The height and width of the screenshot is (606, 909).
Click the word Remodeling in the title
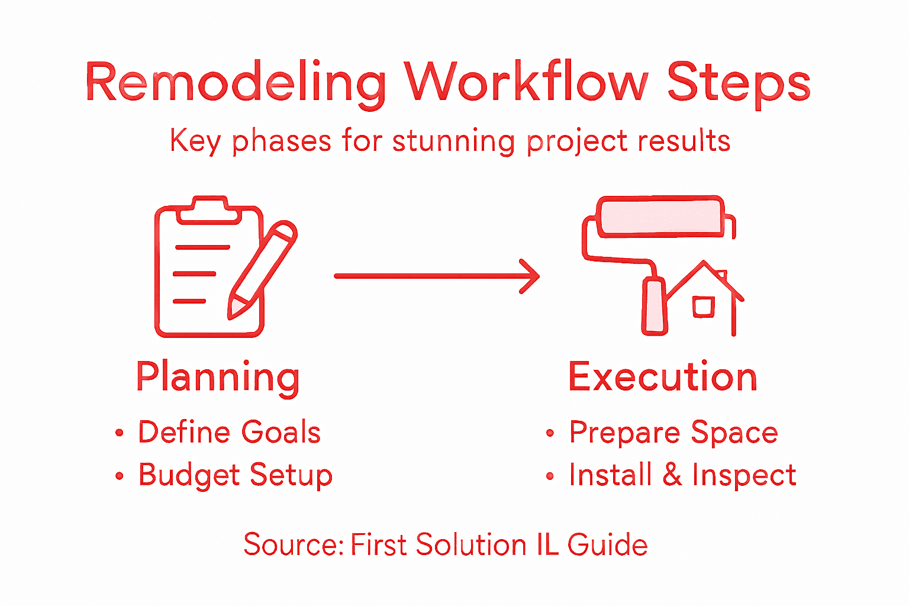236,83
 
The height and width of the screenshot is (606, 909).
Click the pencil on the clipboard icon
262,270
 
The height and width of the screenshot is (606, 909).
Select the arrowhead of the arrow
530,276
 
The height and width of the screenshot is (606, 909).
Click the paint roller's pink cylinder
660,216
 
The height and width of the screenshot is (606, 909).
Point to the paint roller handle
655,307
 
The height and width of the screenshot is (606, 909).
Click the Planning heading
218,377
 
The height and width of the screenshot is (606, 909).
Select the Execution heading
662,377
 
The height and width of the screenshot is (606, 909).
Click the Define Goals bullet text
229,432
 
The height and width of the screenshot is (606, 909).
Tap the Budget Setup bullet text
236,475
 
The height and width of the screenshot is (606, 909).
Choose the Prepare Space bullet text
673,433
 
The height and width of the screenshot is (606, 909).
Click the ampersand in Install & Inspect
672,475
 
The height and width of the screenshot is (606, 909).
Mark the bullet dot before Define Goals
120,433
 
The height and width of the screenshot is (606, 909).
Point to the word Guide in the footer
607,544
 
